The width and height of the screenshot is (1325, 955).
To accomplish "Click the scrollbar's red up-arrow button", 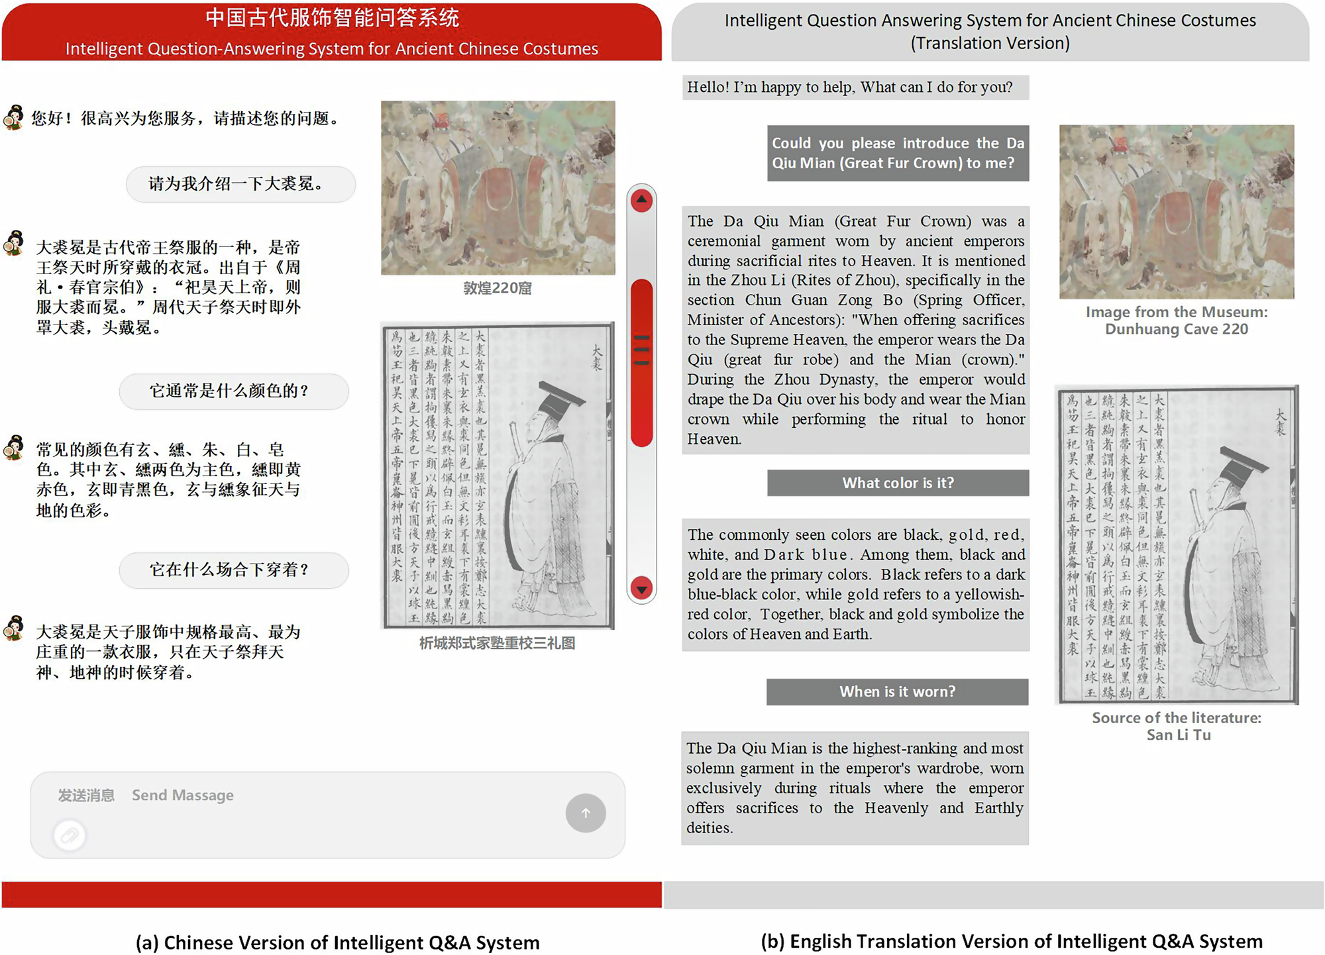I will pyautogui.click(x=641, y=200).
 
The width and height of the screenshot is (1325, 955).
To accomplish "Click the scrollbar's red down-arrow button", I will pyautogui.click(x=641, y=588).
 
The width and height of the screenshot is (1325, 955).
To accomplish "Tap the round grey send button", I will pyautogui.click(x=586, y=813).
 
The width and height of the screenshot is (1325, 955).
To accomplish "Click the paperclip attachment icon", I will pyautogui.click(x=70, y=835).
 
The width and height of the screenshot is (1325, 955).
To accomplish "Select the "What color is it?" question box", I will pyautogui.click(x=898, y=483).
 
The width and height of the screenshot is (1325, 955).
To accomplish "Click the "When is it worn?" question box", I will pyautogui.click(x=898, y=691).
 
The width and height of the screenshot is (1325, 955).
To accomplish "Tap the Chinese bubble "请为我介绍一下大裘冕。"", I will pyautogui.click(x=240, y=184).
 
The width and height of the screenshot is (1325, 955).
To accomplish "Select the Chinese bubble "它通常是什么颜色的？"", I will pyautogui.click(x=234, y=391).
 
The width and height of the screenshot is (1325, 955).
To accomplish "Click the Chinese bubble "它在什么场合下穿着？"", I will pyautogui.click(x=234, y=570).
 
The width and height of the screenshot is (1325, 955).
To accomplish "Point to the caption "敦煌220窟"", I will pyautogui.click(x=498, y=288).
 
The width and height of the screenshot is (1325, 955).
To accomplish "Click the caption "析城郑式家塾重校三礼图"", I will pyautogui.click(x=498, y=643).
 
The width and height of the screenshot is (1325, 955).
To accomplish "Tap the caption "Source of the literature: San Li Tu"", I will pyautogui.click(x=1177, y=726).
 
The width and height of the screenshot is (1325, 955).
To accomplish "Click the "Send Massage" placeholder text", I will pyautogui.click(x=183, y=795).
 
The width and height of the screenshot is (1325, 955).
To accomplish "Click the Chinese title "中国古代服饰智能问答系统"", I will pyautogui.click(x=332, y=18).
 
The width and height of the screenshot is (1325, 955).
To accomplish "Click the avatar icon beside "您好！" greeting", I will pyautogui.click(x=14, y=118).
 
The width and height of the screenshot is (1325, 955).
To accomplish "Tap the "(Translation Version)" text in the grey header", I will pyautogui.click(x=990, y=43).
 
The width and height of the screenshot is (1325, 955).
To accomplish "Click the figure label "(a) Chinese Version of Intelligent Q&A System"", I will pyautogui.click(x=337, y=942).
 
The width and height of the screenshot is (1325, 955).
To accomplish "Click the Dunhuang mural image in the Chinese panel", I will pyautogui.click(x=498, y=187).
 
